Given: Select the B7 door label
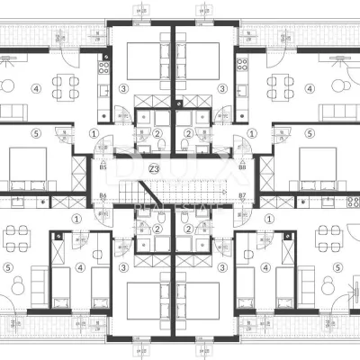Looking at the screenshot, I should [243, 195].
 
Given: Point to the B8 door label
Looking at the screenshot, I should [243, 167].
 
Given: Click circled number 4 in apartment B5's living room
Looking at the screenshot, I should [36, 89].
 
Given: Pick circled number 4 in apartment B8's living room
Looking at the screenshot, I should [310, 89].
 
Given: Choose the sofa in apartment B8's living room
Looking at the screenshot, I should [340, 112].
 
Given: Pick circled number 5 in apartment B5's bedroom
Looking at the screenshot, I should [36, 134].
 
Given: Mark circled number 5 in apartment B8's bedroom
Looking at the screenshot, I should [310, 134].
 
